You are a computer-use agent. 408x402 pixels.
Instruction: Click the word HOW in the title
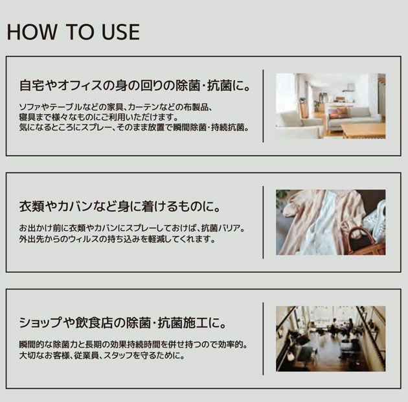point(28,32)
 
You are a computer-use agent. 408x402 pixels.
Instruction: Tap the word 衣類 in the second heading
point(30,207)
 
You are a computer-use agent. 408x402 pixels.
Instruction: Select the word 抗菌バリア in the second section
point(224,228)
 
